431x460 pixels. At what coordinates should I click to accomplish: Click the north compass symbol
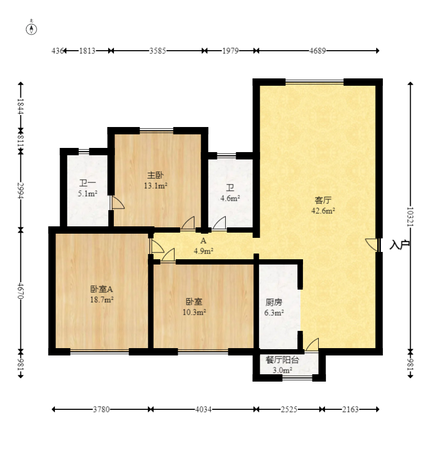(x=31, y=29)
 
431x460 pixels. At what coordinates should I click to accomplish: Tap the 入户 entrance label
(x=399, y=245)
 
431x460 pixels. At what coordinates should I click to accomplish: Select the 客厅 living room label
(x=323, y=200)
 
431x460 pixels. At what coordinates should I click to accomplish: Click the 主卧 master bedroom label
(x=155, y=176)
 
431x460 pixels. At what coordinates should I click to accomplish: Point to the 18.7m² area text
(x=102, y=300)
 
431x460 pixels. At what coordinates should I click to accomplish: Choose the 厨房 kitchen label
(x=274, y=302)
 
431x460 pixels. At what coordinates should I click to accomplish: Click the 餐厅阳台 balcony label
(x=282, y=360)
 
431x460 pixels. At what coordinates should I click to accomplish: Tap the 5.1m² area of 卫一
(x=87, y=193)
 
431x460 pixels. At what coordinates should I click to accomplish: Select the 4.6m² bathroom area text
(x=230, y=198)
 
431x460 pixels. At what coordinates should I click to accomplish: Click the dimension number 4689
(x=318, y=51)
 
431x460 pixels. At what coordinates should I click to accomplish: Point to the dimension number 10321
(x=410, y=217)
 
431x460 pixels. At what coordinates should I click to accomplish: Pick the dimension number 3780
(x=101, y=409)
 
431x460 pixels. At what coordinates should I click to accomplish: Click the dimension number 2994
(x=20, y=191)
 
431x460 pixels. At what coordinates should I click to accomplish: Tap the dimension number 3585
(x=158, y=51)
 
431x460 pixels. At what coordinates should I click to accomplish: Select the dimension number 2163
(x=351, y=409)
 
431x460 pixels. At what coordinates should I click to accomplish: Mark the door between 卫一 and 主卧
(x=117, y=202)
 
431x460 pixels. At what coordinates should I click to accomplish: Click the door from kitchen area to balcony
(x=312, y=344)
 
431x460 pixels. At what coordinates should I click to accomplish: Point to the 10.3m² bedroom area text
(x=194, y=312)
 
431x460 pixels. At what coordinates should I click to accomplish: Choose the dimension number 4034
(x=203, y=409)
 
